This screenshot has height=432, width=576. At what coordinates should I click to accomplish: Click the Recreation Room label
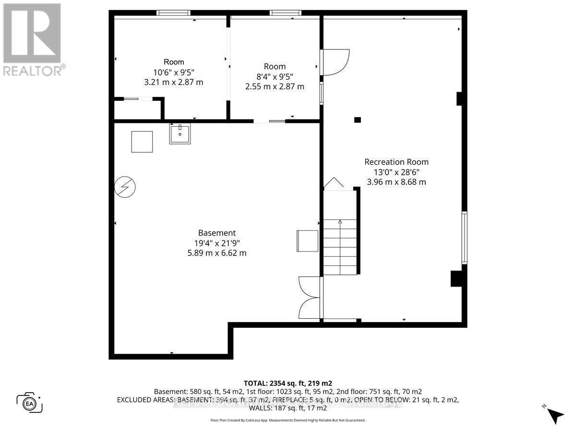[x=396, y=162]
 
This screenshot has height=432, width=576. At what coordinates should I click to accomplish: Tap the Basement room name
[x=217, y=233]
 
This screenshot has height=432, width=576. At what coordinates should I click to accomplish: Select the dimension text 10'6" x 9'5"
[x=173, y=72]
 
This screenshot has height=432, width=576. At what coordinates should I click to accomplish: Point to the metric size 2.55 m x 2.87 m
[x=275, y=86]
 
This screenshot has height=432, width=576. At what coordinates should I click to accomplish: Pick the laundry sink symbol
[x=180, y=133]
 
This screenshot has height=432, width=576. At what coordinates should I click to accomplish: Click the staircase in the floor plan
[x=340, y=246]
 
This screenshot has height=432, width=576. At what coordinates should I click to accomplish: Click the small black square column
[x=357, y=120]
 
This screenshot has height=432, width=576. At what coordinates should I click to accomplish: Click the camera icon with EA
[x=29, y=402]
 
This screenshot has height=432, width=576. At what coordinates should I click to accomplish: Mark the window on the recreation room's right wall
[x=464, y=238]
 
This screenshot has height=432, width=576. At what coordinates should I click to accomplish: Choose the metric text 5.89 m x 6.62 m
[x=217, y=253]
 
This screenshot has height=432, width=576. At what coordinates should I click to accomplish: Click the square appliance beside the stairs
[x=308, y=240]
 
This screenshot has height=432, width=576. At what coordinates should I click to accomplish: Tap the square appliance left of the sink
[x=142, y=142]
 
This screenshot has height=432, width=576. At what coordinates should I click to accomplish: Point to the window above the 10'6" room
[x=174, y=13]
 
